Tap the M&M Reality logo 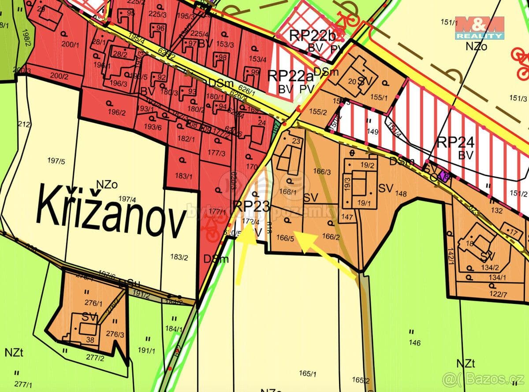pyautogui.click(x=480, y=28)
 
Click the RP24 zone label pyautogui.click(x=455, y=143)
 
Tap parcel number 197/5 pyautogui.click(x=56, y=161)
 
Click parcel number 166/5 pyautogui.click(x=285, y=238)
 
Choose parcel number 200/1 pyautogui.click(x=68, y=44)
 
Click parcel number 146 pyautogui.click(x=415, y=343)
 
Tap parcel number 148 pyautogui.click(x=401, y=193)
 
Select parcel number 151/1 pyautogui.click(x=449, y=22)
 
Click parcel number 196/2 pyautogui.click(x=117, y=112)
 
